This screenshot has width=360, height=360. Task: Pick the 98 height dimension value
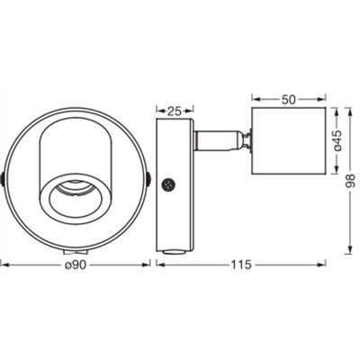click(352, 181)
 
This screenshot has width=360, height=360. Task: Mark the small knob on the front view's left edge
click(4, 179)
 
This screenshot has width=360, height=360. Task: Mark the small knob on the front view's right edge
click(147, 179)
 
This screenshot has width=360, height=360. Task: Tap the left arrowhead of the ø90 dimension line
click(4, 265)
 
